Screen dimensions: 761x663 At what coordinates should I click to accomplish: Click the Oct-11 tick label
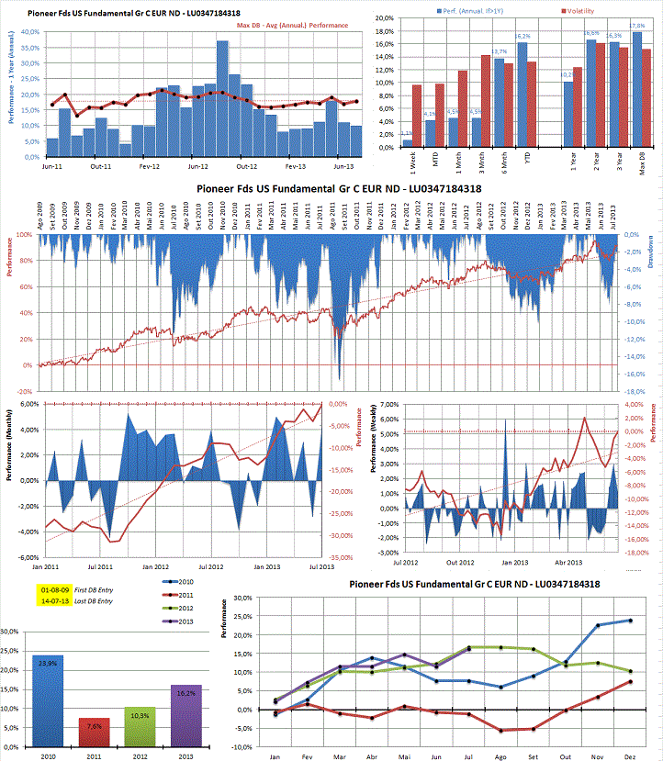[x=101, y=167]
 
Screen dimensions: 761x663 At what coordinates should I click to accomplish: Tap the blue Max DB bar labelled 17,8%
[x=637, y=90]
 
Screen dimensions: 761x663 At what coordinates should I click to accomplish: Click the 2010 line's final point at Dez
[x=631, y=621]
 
